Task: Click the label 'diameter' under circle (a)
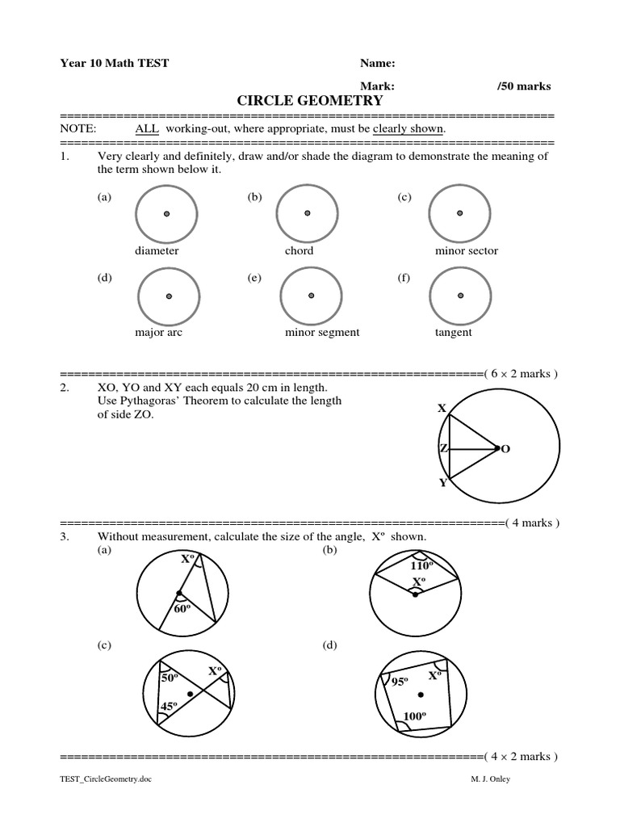coord(157,250)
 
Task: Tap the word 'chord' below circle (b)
coord(299,250)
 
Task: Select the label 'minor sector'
coord(467,250)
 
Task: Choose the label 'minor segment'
coord(322,332)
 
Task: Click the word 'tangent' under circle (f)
coord(454,332)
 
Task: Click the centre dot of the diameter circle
coord(167,214)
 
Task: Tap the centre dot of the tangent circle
coord(460,296)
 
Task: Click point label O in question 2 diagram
coord(506,448)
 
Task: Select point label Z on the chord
coord(442,448)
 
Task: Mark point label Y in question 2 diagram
coord(442,483)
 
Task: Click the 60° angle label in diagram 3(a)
coord(182,610)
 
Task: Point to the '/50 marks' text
coord(525,86)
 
